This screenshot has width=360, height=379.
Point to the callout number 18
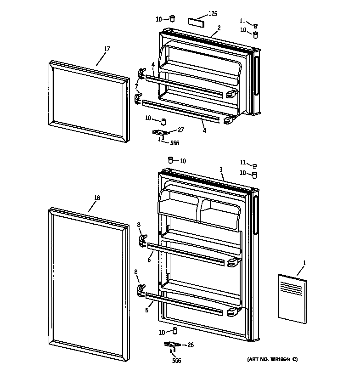click(x=97, y=198)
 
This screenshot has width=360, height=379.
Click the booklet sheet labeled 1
click(x=291, y=296)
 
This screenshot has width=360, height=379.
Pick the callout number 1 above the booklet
click(x=304, y=262)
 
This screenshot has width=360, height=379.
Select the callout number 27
click(x=180, y=130)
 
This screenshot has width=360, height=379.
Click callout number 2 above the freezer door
click(x=219, y=28)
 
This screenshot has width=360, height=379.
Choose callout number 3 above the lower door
click(x=221, y=170)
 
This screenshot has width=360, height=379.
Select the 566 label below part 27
click(x=174, y=143)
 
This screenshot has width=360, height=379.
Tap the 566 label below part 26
click(x=176, y=361)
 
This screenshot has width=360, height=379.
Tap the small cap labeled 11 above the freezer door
click(x=256, y=26)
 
